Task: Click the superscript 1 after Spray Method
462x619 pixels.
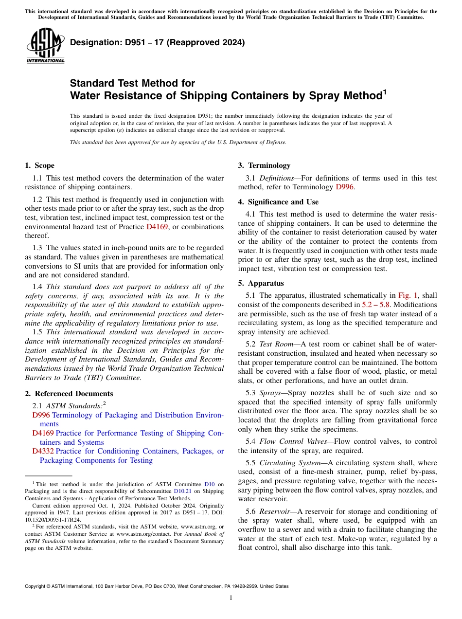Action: point(384,91)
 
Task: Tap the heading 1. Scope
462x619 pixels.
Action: point(39,165)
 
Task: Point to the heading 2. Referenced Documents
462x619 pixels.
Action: point(69,394)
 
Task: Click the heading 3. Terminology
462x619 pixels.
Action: point(264,165)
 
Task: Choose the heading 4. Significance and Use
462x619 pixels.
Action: point(278,201)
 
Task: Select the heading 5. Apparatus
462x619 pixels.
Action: point(261,283)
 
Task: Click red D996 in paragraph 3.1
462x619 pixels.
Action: point(344,187)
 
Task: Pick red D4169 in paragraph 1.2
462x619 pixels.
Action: point(157,226)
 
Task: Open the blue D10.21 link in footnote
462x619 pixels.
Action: point(182,491)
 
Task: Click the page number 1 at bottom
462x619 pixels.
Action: point(231,598)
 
